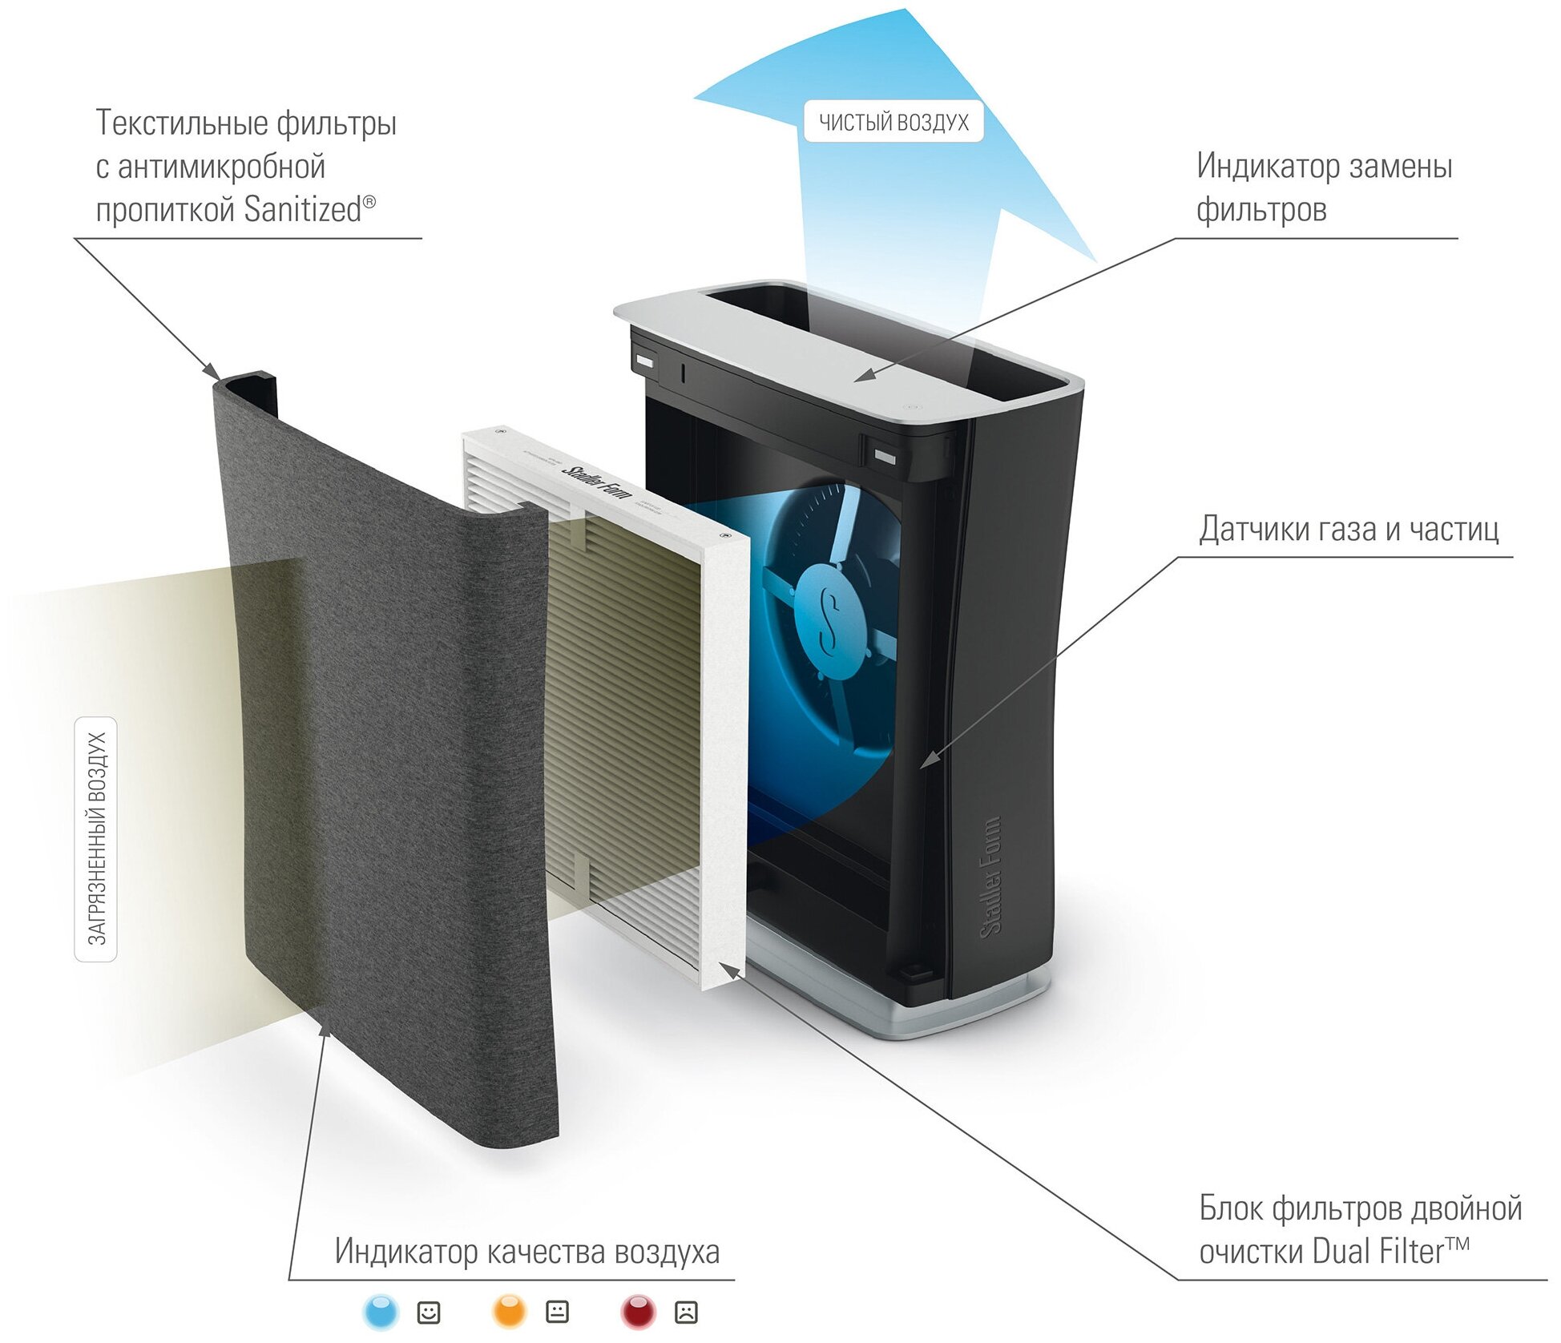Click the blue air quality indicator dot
point(381,1313)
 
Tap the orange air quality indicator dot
point(510,1313)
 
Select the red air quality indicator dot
point(638,1313)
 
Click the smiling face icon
point(429,1313)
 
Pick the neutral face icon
point(557,1313)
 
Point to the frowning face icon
point(686,1313)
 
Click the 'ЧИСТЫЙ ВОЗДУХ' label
point(893,122)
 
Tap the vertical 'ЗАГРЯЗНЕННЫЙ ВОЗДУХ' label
point(96,838)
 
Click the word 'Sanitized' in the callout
point(304,209)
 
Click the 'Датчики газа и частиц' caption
point(1349,529)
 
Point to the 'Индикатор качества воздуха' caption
point(527,1251)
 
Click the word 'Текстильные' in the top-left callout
point(180,123)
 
